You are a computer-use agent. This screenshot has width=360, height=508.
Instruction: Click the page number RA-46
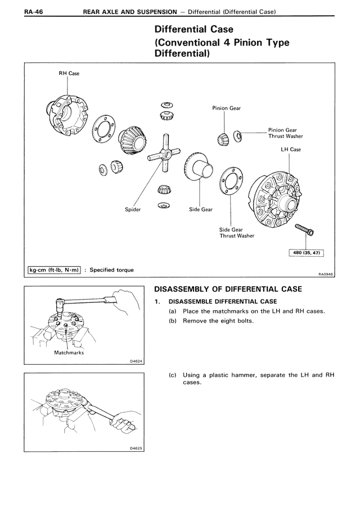point(34,12)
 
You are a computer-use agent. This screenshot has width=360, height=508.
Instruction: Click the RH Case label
point(69,73)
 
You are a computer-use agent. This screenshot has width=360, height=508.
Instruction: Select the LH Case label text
point(291,149)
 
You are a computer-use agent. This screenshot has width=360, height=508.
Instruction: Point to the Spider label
point(133,210)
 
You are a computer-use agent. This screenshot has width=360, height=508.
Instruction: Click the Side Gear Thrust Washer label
point(237,233)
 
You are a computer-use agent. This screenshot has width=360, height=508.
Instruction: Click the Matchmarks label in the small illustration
point(69,352)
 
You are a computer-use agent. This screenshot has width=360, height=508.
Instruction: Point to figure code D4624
point(136,361)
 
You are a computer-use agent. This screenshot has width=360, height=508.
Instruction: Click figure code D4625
point(136,448)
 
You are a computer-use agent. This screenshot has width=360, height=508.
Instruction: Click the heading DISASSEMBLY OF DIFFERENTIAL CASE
point(228,289)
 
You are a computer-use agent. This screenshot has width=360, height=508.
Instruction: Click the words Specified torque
point(111,270)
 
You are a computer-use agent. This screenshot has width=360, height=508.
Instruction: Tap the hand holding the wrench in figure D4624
point(125,302)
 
